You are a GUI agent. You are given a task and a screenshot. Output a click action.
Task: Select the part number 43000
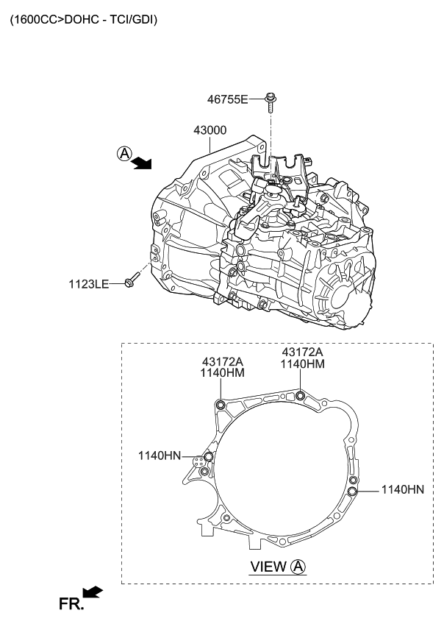pos(210,130)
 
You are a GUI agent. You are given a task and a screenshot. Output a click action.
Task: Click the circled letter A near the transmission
pos(124,153)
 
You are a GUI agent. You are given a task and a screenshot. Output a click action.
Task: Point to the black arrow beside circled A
pos(141,163)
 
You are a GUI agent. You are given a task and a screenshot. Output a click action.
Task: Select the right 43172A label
pos(302,352)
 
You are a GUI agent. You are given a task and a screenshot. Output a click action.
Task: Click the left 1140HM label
pos(223,373)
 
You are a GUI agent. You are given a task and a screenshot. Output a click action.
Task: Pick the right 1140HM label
pos(302,364)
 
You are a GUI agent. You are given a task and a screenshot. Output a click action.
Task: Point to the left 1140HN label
pos(159,455)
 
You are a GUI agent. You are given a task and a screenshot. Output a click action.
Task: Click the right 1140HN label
pos(402,489)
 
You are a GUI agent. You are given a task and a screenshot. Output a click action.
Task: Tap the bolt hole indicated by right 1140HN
pos(353,491)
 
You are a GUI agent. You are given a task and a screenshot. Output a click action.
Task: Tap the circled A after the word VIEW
pos(298,567)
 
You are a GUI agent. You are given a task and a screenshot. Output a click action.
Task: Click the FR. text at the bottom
pos(72,604)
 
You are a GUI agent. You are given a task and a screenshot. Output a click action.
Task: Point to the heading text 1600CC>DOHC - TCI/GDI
pos(83,20)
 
